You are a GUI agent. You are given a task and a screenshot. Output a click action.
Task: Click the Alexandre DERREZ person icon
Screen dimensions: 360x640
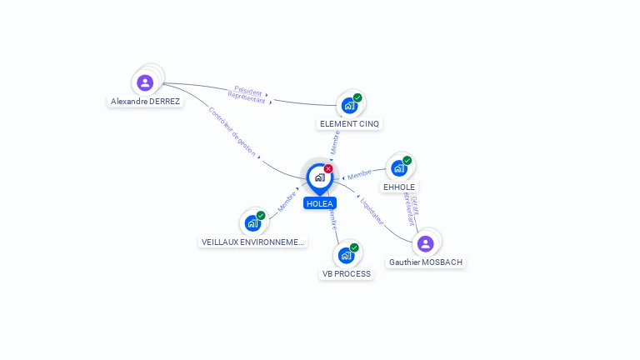coord(145,82)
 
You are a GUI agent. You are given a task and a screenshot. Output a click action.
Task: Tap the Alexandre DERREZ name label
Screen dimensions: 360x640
coord(145,102)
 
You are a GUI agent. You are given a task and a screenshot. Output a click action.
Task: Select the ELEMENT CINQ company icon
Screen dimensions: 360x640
coord(349,106)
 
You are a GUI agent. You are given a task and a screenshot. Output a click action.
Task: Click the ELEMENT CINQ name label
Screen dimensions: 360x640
coord(349,124)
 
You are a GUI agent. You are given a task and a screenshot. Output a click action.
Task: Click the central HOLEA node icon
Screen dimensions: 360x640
coord(319,177)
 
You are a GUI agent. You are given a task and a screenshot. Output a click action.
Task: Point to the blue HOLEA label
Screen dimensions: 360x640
coord(319,203)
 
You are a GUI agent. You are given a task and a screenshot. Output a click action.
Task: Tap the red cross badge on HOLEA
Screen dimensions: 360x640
coord(328,168)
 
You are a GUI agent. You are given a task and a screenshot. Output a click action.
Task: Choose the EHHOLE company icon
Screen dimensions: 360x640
coord(399,168)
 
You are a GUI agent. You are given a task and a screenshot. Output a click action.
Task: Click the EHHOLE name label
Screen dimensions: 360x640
coord(399,187)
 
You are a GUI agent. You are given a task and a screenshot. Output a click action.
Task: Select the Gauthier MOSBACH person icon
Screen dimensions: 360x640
coord(425,243)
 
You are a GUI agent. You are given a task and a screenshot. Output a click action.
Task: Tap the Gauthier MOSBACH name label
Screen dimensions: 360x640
coord(425,262)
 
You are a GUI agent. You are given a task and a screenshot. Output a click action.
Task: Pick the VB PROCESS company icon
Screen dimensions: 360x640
coord(346,255)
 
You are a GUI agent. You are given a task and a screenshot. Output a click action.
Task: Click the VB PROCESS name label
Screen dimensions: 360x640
coord(346,273)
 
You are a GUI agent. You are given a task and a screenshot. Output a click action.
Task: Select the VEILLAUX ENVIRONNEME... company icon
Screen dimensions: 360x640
coord(252,222)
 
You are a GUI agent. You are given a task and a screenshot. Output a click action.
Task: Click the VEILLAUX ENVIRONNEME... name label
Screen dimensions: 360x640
coord(253,242)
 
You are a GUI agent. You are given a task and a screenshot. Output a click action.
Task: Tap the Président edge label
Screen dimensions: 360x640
coord(248,89)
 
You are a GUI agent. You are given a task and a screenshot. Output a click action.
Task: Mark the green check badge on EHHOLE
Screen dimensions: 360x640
coord(407,160)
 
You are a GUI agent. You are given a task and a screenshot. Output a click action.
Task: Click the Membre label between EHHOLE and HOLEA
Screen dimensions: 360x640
coord(360,174)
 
